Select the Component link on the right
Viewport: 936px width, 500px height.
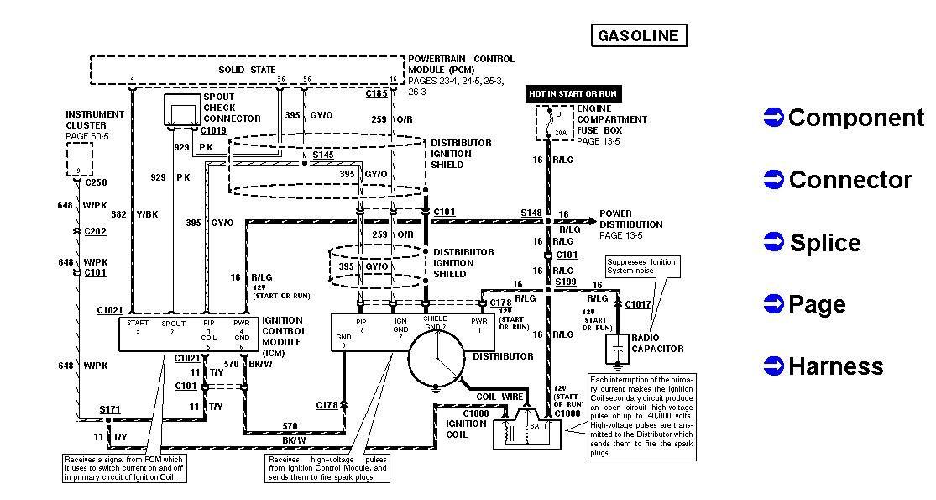(x=855, y=118)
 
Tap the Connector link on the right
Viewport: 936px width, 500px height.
(x=850, y=180)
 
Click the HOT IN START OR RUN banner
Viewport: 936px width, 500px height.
(x=573, y=93)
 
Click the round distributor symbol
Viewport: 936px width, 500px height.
(x=437, y=356)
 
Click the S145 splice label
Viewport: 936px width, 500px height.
(x=322, y=155)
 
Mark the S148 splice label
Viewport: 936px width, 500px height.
(x=531, y=213)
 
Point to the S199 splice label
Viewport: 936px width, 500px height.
(x=565, y=283)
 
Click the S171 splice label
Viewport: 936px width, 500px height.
(x=110, y=409)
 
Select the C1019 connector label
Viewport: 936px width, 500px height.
(x=213, y=131)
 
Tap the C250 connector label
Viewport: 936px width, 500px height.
(x=96, y=182)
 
